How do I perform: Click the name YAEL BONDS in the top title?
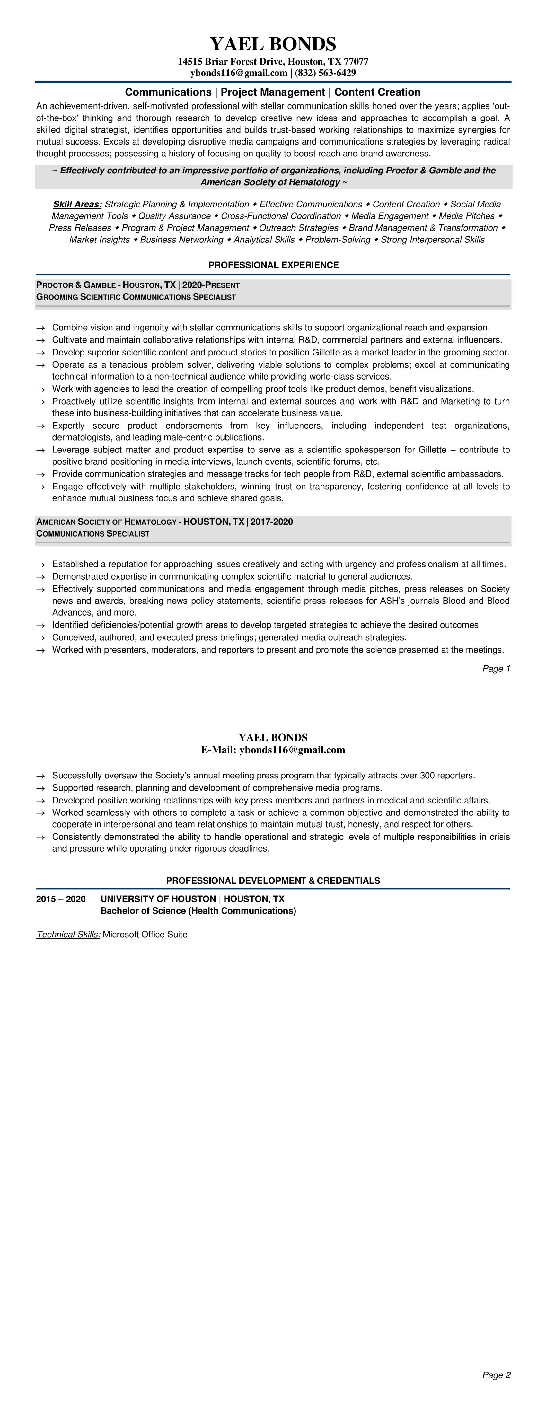pos(273,44)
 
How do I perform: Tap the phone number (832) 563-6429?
pos(325,73)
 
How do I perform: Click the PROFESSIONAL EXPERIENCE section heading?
pos(273,265)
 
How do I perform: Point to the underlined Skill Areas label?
pos(77,204)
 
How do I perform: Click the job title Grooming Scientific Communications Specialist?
pos(136,297)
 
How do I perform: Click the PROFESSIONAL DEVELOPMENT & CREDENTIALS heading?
pos(273,880)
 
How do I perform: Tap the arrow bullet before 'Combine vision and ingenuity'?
pos(40,328)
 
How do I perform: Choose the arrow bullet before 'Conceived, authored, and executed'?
pos(40,638)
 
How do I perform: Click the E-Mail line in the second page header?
pos(273,750)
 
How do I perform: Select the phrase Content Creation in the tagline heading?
pos(377,92)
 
